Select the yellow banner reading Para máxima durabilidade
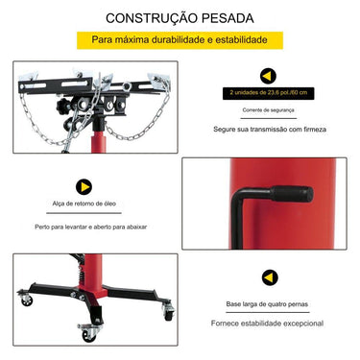(x=180, y=41)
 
